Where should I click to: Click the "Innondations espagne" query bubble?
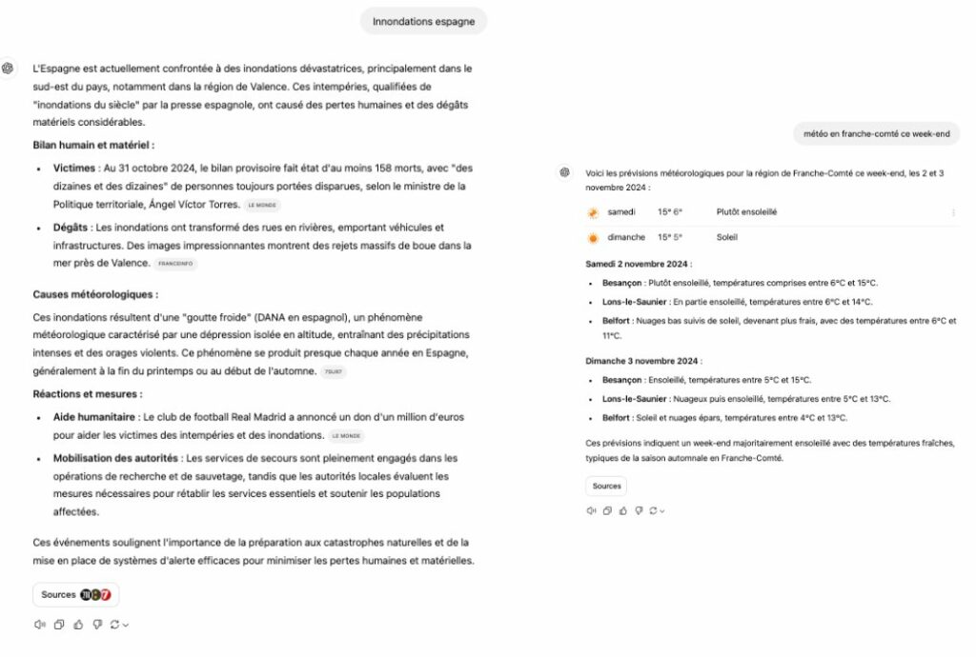(x=423, y=21)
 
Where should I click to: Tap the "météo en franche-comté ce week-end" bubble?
(x=877, y=134)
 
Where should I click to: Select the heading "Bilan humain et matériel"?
(x=93, y=145)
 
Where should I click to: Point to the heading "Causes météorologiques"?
(x=95, y=294)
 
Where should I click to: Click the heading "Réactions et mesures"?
(x=88, y=393)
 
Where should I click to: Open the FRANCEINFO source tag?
(x=174, y=264)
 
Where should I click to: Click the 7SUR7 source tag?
(x=334, y=372)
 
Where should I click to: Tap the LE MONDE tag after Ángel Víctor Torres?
(x=262, y=205)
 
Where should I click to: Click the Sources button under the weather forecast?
(x=606, y=486)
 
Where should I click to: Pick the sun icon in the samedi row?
(x=593, y=212)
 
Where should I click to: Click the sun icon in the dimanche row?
(x=593, y=237)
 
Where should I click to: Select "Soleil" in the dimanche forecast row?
(x=727, y=237)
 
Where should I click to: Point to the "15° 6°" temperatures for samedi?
(x=670, y=212)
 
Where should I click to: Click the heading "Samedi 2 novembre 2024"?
(x=639, y=264)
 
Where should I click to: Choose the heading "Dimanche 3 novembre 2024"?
(x=643, y=361)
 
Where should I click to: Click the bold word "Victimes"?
(x=74, y=169)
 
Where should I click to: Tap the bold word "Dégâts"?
(x=71, y=228)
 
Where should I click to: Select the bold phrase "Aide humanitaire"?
(x=94, y=417)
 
